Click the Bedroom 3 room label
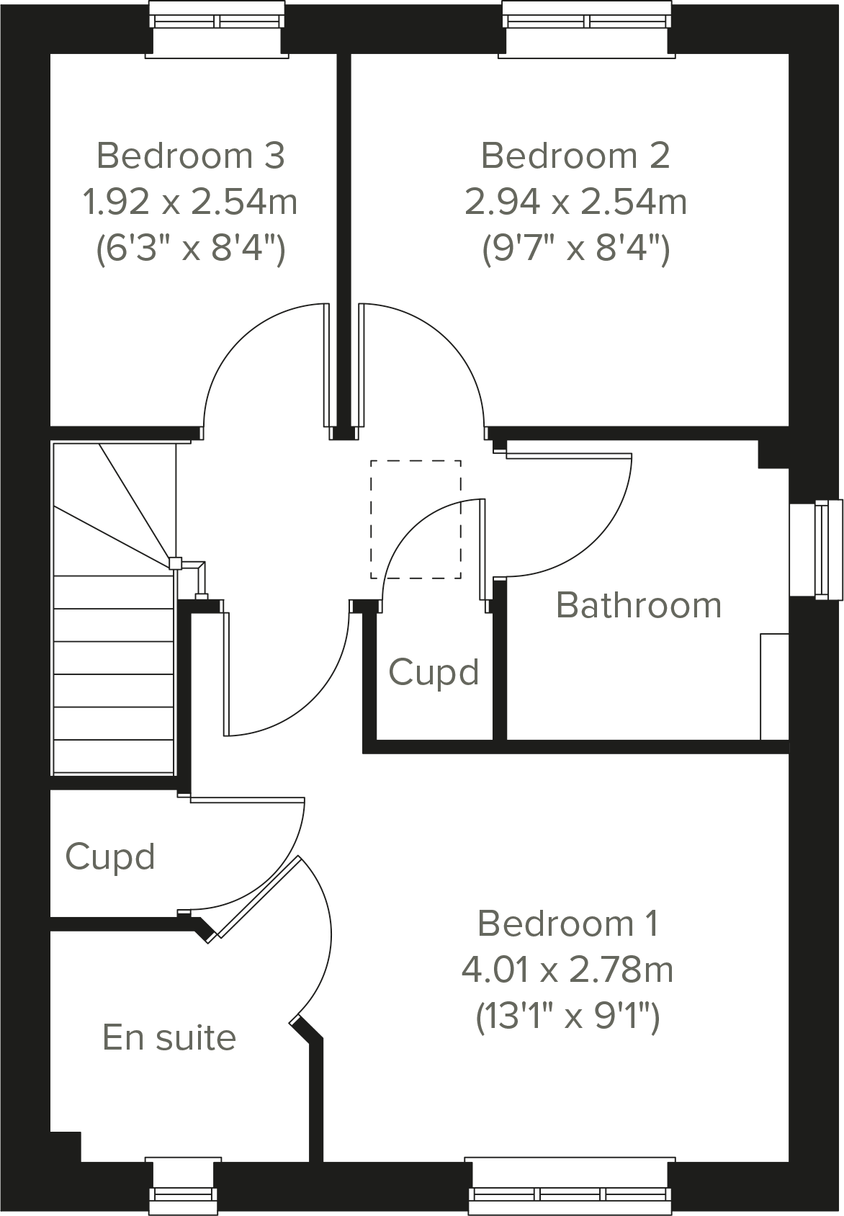tap(191, 156)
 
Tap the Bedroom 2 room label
tap(575, 156)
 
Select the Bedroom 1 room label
tap(567, 924)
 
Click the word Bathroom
tap(639, 605)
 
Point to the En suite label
tap(169, 1037)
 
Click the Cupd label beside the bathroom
tap(434, 672)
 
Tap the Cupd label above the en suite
tap(110, 857)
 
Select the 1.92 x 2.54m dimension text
tap(191, 202)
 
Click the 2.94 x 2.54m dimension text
tap(575, 202)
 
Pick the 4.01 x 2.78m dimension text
tap(567, 970)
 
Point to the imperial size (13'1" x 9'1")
tap(567, 1017)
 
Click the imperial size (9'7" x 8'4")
tap(575, 249)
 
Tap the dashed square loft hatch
tap(416, 519)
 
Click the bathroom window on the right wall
tap(821, 549)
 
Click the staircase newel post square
tap(174, 563)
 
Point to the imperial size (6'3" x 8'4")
tap(191, 249)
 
